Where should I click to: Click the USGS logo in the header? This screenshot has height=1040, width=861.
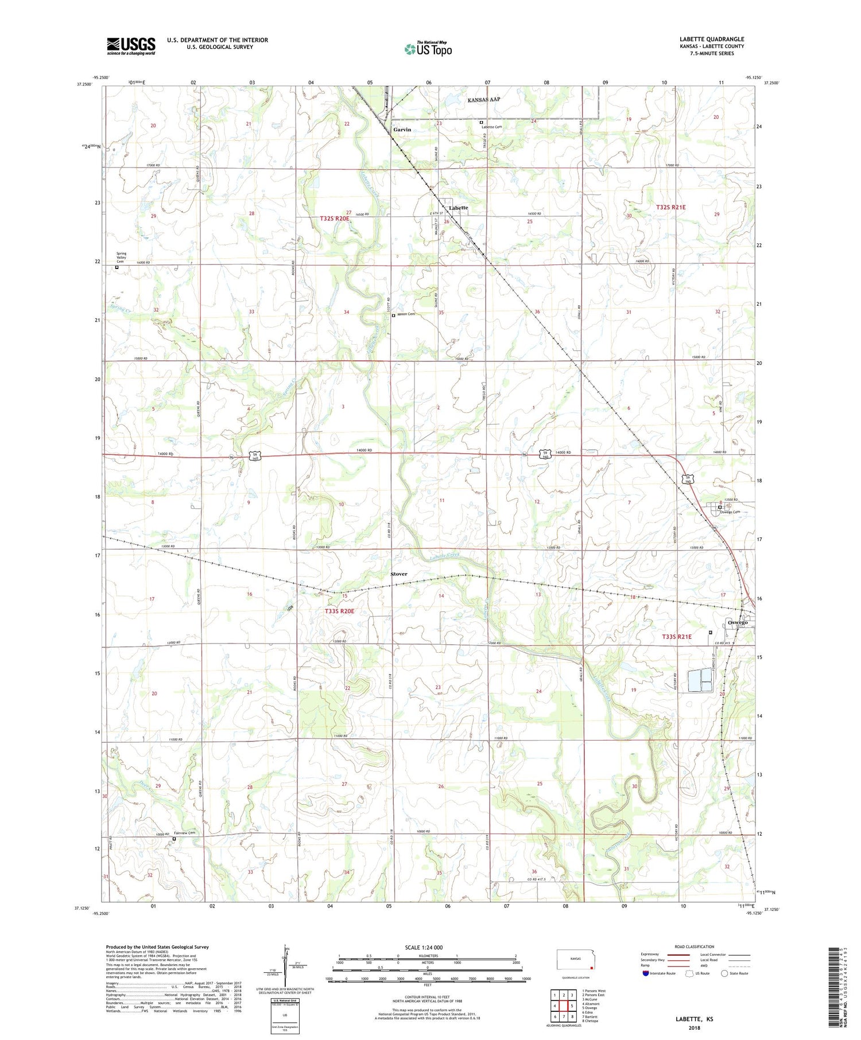pos(131,46)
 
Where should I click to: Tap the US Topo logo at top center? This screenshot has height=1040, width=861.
pos(428,49)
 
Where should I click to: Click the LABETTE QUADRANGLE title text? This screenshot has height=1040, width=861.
pos(711,39)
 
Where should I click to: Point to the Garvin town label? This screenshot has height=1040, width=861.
pos(402,130)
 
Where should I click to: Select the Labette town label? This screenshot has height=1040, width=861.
pos(458,208)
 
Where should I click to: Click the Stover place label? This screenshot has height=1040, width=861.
pos(398,574)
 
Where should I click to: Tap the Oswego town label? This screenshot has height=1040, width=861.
pos(737,622)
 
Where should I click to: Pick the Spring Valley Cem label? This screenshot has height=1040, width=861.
pos(121,257)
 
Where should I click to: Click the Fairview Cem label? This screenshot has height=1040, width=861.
pos(185,833)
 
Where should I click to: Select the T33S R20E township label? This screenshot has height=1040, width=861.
pos(339,611)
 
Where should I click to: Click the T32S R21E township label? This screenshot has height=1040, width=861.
pos(670,207)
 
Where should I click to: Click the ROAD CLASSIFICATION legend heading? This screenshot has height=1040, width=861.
pos(695,946)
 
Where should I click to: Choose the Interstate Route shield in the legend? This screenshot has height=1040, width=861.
pos(646,973)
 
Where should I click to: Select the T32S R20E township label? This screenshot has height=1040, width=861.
pos(335,219)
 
